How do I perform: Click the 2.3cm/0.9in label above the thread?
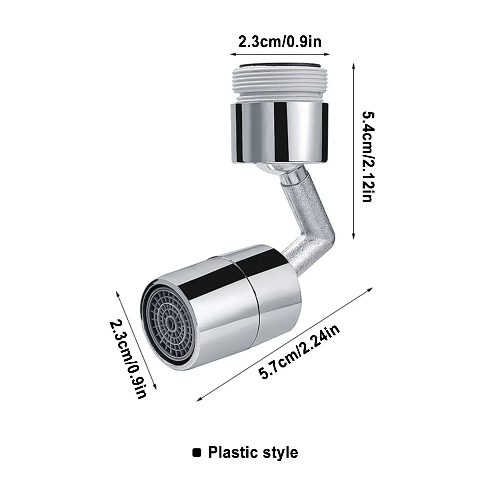280,41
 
